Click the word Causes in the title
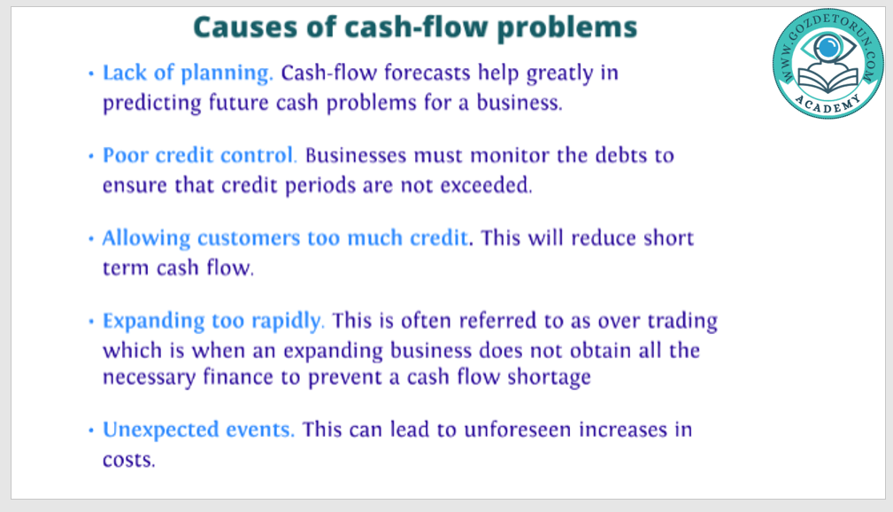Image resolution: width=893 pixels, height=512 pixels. [246, 27]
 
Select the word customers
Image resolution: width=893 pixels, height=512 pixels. [249, 238]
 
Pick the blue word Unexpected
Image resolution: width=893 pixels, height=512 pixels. [160, 431]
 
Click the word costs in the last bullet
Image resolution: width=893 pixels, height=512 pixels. [128, 460]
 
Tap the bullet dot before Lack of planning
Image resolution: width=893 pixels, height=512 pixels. [91, 74]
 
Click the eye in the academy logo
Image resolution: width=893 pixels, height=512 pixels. [828, 48]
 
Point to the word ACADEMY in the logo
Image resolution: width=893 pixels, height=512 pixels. [828, 105]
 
